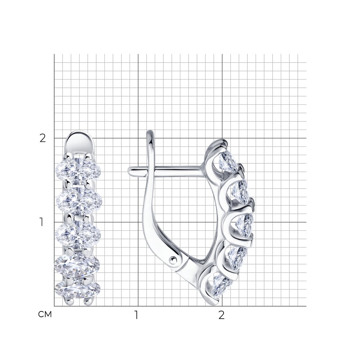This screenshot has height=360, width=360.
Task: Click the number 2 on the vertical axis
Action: tap(43, 138)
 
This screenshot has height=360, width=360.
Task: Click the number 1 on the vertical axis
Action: tap(42, 222)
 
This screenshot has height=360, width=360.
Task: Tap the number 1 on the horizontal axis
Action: tap(136, 315)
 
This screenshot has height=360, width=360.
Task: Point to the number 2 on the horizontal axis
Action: tap(221, 315)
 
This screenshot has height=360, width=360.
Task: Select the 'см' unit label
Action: tap(45, 315)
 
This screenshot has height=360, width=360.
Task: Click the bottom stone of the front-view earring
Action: tap(77, 288)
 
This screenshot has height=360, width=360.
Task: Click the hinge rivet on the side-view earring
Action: tap(174, 258)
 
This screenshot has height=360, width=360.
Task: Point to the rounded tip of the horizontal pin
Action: tap(130, 170)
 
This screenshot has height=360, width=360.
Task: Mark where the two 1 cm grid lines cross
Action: tap(138, 222)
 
